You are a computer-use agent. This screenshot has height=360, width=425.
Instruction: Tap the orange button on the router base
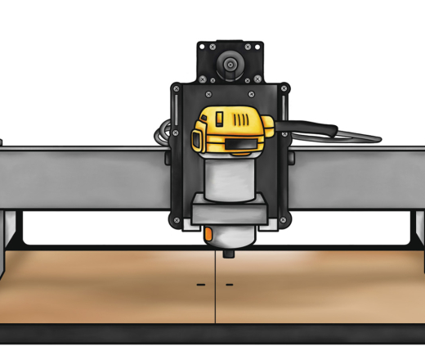pyautogui.click(x=209, y=236)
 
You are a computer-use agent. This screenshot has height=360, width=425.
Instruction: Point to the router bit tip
pyautogui.click(x=228, y=255)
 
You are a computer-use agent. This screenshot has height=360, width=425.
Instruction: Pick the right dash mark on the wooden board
pyautogui.click(x=229, y=285)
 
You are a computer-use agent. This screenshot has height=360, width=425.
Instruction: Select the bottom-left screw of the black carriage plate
pyautogui.click(x=175, y=218)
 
